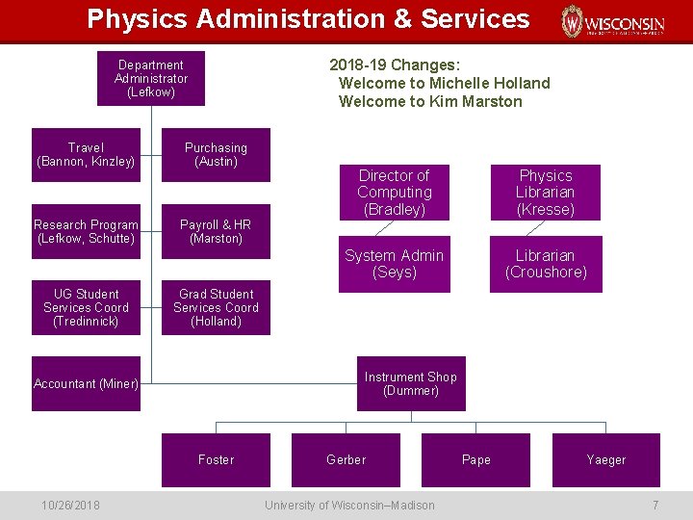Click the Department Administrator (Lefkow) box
tap(151, 78)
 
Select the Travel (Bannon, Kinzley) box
tap(86, 154)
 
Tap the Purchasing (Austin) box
tap(216, 154)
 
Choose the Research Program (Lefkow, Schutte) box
tap(86, 231)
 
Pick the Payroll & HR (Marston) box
tap(216, 231)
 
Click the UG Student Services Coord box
tap(86, 307)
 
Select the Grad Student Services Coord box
tap(216, 307)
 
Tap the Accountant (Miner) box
tap(86, 383)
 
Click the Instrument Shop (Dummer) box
tap(410, 383)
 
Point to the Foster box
tap(216, 459)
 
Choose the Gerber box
tap(346, 459)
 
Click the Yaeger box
tap(605, 459)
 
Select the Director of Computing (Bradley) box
tap(394, 193)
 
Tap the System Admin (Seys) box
tap(394, 264)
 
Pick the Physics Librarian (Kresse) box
tap(546, 193)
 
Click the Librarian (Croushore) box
tap(546, 264)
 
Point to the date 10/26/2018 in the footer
tap(70, 506)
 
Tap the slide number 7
tap(655, 506)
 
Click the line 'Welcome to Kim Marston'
tap(430, 101)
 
